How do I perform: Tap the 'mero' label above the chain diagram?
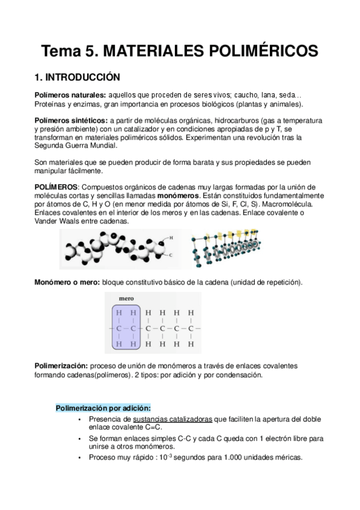click(126, 298)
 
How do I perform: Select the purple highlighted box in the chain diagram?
click(126, 329)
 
